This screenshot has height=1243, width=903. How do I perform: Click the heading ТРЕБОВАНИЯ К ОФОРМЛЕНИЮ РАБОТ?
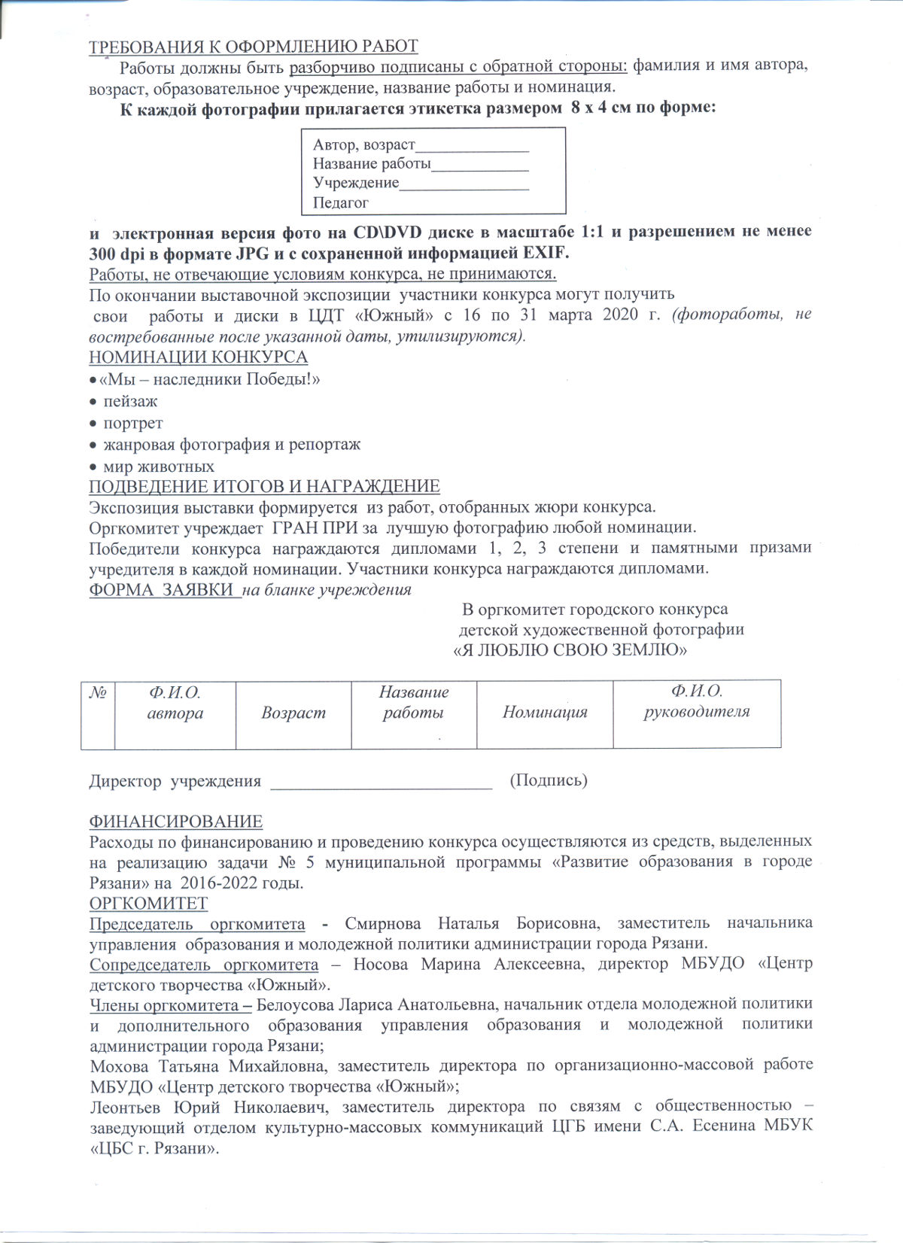[x=254, y=47]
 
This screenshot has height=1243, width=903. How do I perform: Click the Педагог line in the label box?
[x=341, y=202]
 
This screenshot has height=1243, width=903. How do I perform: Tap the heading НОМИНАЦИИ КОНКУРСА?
[x=198, y=357]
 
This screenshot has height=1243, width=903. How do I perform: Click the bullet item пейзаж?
[x=130, y=401]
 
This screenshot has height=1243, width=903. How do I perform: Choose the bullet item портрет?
[x=133, y=423]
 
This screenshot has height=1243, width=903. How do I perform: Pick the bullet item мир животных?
[x=158, y=467]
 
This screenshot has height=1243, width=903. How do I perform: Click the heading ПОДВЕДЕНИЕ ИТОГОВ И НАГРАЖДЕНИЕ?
[x=264, y=486]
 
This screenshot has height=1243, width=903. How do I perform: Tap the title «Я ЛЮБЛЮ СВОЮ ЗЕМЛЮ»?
[x=570, y=649]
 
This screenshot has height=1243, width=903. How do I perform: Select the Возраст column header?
[x=293, y=713]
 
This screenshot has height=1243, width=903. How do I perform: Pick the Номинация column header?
[x=545, y=712]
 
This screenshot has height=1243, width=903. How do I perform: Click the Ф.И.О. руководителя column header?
[x=697, y=701]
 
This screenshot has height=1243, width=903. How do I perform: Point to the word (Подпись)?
[x=549, y=780]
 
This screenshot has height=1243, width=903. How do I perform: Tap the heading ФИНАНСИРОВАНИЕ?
[x=176, y=822]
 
